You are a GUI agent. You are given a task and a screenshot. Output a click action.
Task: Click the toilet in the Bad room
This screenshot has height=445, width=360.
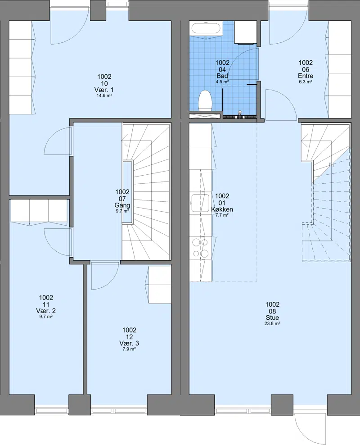(x=205, y=101)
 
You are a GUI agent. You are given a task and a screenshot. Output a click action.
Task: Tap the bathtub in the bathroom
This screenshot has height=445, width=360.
(x=206, y=29)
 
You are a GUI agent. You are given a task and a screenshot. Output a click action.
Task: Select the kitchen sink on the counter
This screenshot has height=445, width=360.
(x=200, y=203)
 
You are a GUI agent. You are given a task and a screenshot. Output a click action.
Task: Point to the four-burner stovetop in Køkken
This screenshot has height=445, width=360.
(x=200, y=248)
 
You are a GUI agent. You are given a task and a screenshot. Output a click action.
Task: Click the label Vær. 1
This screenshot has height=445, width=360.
(x=104, y=90)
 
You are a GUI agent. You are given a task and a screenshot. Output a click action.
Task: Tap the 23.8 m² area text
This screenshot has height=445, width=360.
(x=272, y=323)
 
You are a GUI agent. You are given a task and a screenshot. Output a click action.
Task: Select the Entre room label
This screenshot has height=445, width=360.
(x=306, y=76)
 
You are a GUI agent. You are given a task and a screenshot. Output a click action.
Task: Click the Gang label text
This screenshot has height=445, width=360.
(x=122, y=205)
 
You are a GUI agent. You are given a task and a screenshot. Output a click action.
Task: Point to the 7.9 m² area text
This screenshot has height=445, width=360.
(x=129, y=349)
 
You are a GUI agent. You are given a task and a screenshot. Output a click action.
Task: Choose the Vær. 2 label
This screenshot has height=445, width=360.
(x=46, y=311)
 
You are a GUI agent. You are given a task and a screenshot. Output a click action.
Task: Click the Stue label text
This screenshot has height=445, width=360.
(x=272, y=318)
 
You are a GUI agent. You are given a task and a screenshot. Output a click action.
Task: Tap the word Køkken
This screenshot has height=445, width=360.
(x=222, y=209)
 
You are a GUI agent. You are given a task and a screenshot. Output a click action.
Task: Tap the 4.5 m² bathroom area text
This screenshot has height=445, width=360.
(x=222, y=82)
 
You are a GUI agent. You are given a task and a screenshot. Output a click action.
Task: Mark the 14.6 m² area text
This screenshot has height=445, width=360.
(x=104, y=95)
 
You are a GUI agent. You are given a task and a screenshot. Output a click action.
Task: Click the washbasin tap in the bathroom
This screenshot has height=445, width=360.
(x=240, y=114)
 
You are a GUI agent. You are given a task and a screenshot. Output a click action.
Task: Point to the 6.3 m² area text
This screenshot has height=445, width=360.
(x=306, y=82)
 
